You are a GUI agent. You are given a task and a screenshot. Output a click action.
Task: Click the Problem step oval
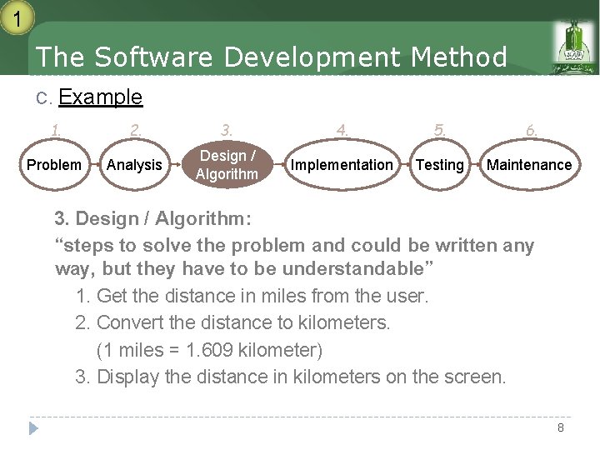coord(54,165)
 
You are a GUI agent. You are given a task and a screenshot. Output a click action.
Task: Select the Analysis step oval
coord(134,165)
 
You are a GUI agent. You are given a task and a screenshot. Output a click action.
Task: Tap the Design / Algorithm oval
coord(227,165)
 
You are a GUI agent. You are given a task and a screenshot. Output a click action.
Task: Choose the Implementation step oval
coord(341,165)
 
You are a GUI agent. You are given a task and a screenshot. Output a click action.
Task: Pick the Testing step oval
coord(439,165)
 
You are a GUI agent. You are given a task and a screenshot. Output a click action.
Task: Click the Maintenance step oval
coord(529,165)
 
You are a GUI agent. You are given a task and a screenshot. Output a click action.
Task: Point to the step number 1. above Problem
coord(56,130)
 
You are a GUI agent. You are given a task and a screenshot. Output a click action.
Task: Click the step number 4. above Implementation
coord(342,130)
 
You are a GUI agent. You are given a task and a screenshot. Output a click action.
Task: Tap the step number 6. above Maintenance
coord(532,130)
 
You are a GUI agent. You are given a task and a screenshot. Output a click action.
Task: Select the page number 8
coord(561,427)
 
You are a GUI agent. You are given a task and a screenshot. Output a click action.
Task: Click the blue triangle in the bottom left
coord(33,428)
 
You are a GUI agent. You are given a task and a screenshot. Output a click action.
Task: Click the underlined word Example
coord(101,97)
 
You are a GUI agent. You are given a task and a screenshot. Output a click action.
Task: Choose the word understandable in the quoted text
coord(353,268)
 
